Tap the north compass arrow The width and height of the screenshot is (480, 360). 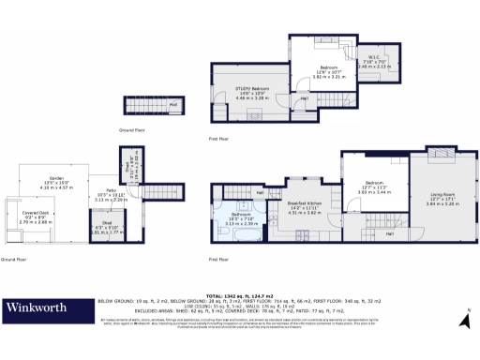tap(463, 321)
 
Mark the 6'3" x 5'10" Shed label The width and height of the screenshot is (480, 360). tap(100, 226)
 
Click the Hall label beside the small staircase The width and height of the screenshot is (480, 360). tap(173, 103)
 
